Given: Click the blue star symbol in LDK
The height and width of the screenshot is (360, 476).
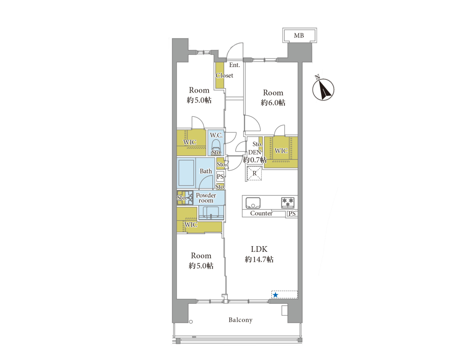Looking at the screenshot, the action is tap(275, 295).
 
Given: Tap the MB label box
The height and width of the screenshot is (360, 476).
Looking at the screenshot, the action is tap(299, 35).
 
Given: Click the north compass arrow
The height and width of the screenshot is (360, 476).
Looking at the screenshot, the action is tap(324, 89).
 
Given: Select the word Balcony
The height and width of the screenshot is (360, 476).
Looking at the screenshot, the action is tap(241, 320).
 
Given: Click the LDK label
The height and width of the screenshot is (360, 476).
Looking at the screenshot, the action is tap(259, 249).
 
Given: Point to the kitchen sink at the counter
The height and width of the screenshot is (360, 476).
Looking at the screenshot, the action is tap(253, 202).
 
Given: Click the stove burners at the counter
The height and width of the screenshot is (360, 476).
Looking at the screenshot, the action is tap(288, 202).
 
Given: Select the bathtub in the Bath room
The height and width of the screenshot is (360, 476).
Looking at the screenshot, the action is tap(186, 173).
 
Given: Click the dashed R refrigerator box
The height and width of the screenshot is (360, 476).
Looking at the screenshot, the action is tap(254, 174).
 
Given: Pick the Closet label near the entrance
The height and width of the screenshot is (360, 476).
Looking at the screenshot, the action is tap(224, 75).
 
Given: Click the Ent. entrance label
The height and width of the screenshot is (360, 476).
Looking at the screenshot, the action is tap(235, 65).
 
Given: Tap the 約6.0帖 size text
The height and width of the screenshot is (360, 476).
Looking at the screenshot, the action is tap(273, 103).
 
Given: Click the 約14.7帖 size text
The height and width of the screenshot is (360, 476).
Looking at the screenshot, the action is tap(259, 259).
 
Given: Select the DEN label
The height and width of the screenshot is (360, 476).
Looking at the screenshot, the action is tap(255, 152).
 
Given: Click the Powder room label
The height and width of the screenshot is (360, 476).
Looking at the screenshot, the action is tap(206, 198).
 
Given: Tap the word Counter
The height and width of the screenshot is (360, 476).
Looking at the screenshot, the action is tap(261, 213).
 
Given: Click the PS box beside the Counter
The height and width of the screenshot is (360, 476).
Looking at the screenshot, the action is tap(292, 214).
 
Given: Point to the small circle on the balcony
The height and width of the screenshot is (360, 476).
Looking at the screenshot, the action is tap(191, 322).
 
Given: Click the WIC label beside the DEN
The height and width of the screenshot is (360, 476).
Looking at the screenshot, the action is tap(281, 151).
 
